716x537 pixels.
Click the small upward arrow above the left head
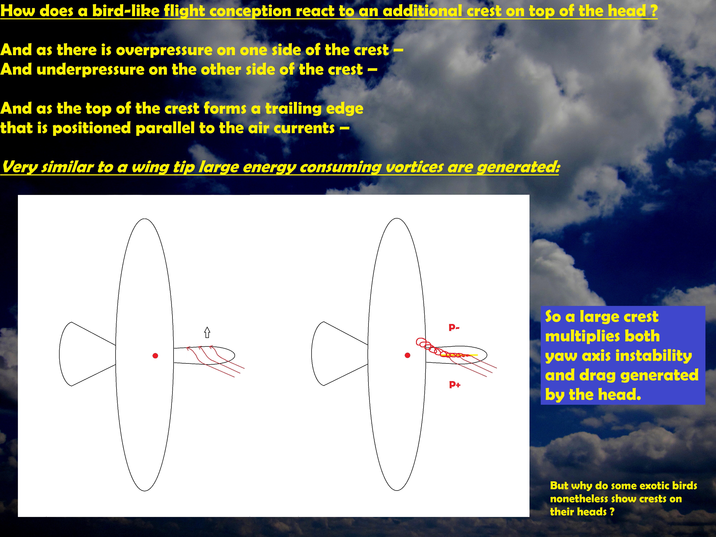point(207,332)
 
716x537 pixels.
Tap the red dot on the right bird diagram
point(408,355)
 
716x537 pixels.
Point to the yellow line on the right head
point(459,355)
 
